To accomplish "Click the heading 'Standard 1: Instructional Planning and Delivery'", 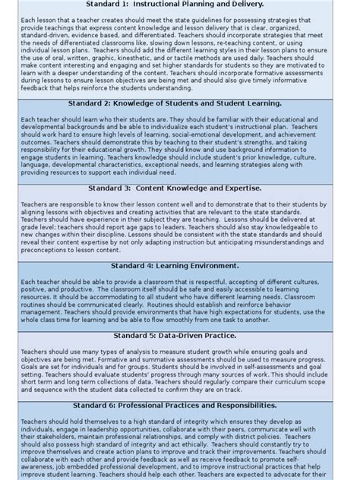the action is coord(180,5).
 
